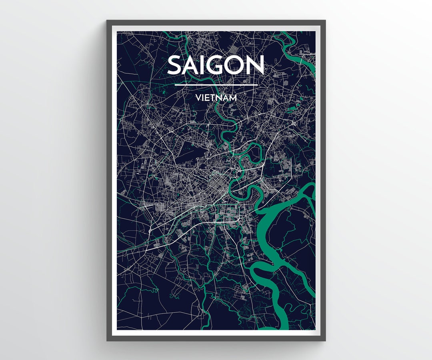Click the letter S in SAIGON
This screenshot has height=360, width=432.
point(175,65)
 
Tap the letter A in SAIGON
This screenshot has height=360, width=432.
point(192,65)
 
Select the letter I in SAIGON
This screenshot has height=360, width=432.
point(206,65)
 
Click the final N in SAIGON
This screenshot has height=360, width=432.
point(256,65)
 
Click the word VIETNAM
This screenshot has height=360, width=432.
point(216,97)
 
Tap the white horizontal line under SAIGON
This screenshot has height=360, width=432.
point(216,85)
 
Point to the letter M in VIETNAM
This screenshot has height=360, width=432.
point(232,97)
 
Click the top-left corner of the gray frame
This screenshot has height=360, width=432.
point(107,20)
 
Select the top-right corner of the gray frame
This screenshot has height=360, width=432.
point(325,20)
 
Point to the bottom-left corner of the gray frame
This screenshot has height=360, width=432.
point(107,340)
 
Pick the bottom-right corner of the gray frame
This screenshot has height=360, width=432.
point(325,340)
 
